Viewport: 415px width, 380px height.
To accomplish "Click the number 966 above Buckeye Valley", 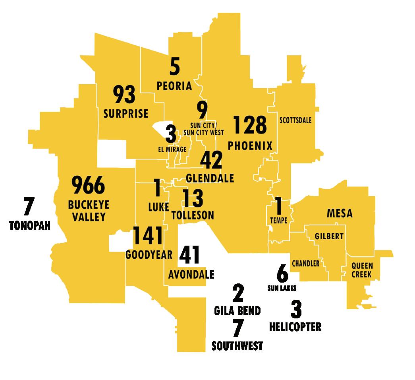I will [x=88, y=186].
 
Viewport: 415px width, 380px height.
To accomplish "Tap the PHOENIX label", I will [x=250, y=146].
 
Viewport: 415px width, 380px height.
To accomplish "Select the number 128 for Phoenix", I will [x=250, y=125].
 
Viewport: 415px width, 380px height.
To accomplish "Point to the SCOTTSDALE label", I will [x=295, y=120].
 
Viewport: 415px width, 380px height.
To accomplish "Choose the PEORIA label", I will [x=174, y=86].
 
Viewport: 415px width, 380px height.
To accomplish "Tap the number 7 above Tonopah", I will [x=29, y=207].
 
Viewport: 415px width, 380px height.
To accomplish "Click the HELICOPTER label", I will [x=295, y=327].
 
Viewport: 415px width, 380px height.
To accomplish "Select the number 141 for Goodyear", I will [x=148, y=236].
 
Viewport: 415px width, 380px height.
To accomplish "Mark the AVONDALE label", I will [x=191, y=274].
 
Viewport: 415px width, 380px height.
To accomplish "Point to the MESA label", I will [x=340, y=213].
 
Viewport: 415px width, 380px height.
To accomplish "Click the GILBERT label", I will [x=329, y=237].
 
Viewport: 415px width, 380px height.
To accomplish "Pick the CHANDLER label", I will [x=306, y=264].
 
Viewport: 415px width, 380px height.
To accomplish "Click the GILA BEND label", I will [x=237, y=310].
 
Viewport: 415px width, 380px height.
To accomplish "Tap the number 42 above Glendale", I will [x=211, y=161].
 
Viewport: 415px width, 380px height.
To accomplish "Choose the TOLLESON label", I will [x=193, y=215].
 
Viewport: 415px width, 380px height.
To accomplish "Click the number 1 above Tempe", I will [x=279, y=207].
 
